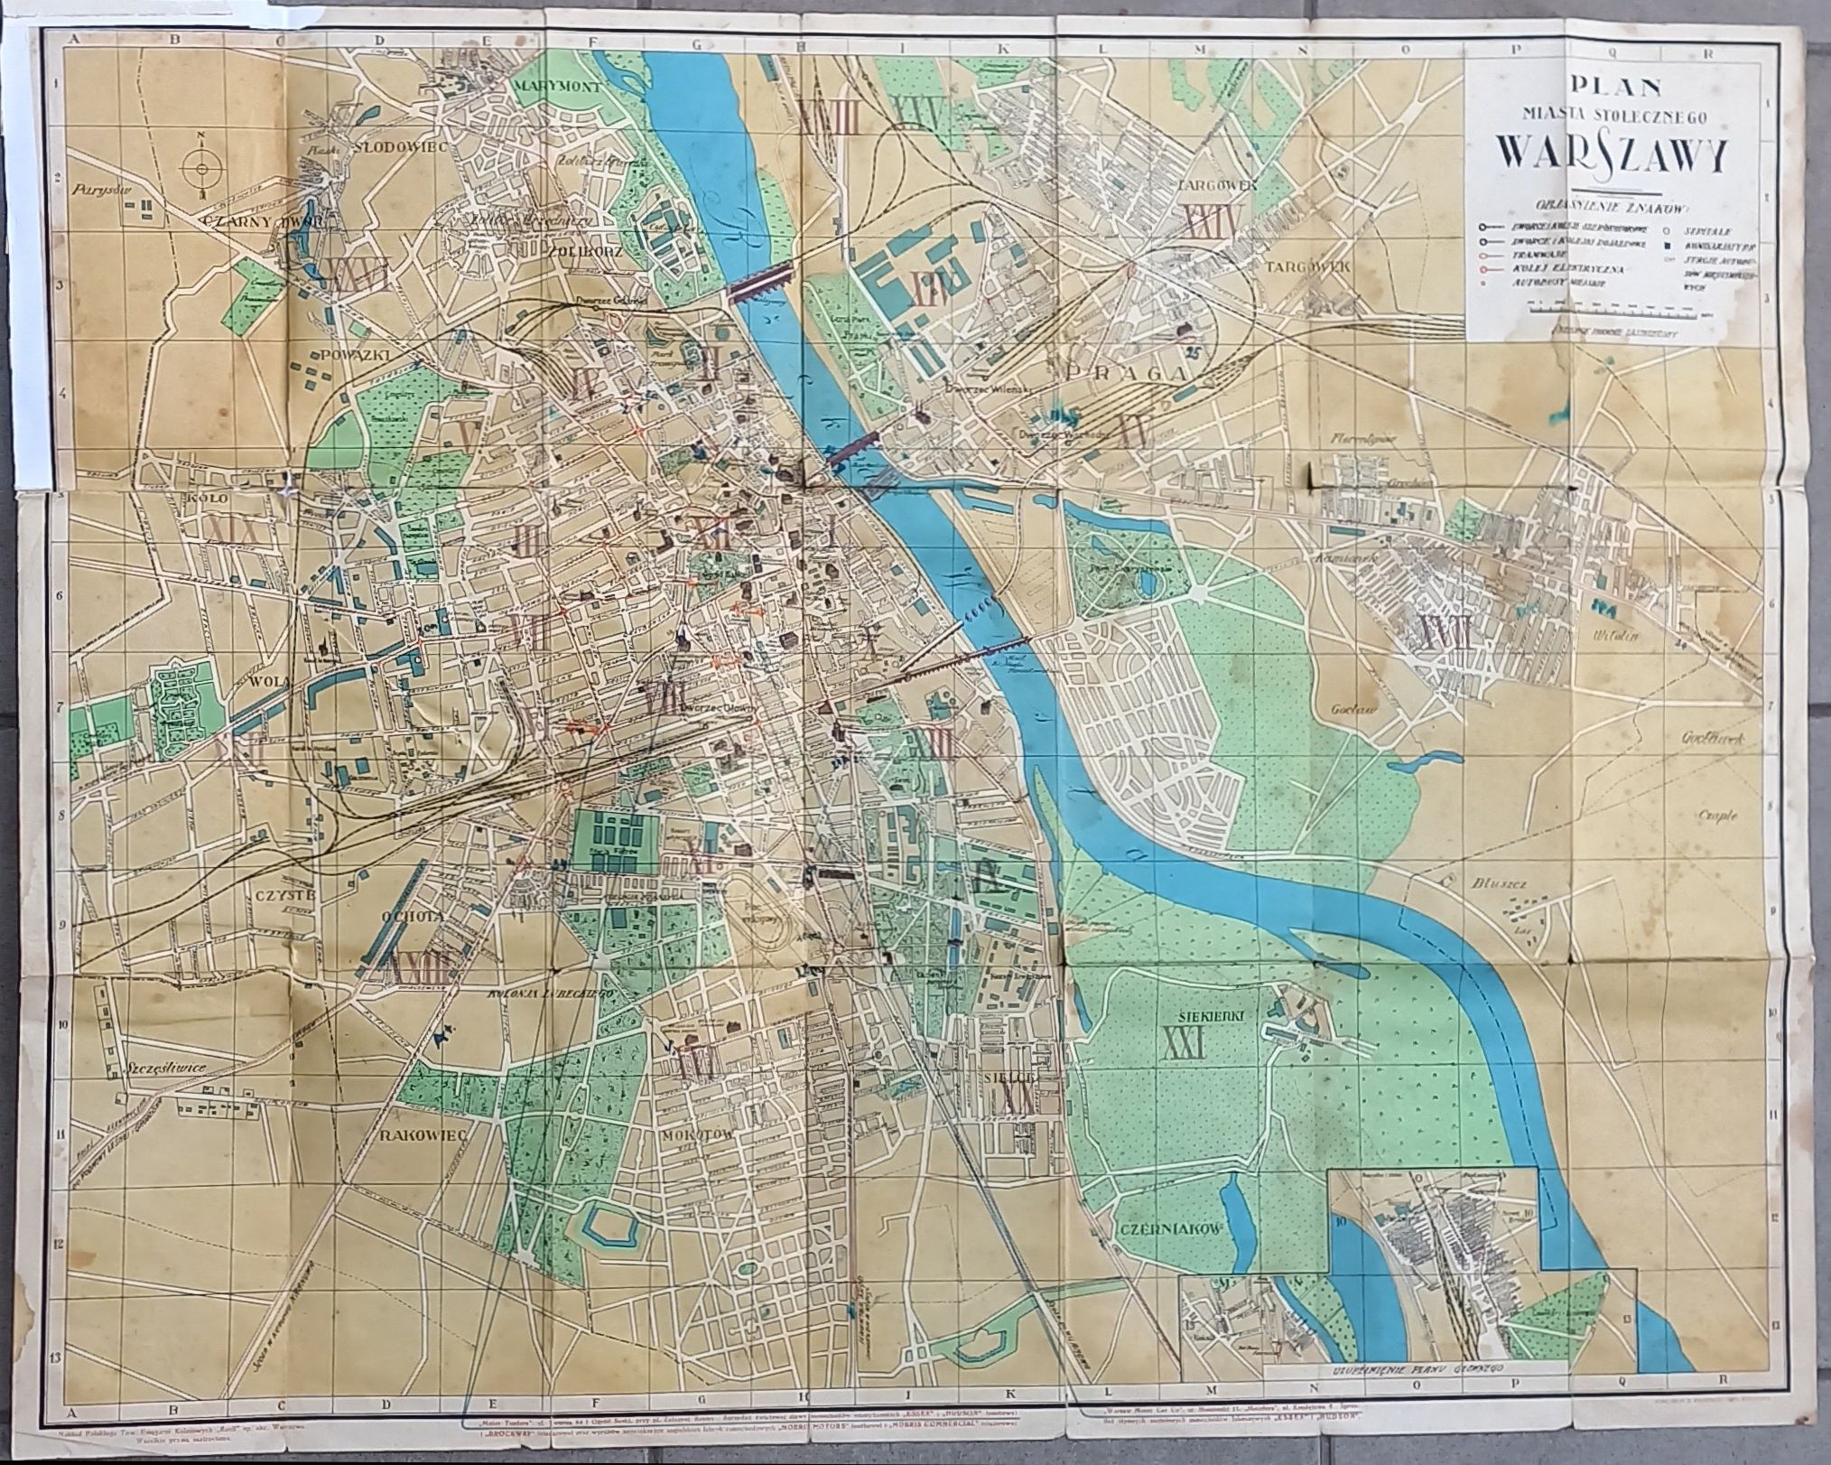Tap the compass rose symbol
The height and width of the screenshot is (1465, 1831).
(200, 169)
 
